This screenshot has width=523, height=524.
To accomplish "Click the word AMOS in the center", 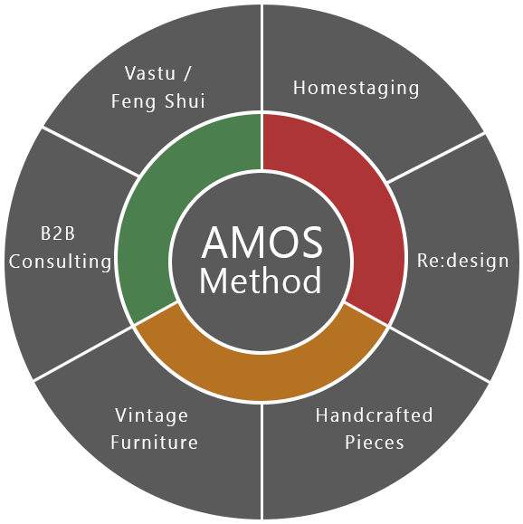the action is point(262,243).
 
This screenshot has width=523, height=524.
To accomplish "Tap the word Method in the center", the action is point(261,280).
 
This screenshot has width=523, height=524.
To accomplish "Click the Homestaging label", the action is point(356,88).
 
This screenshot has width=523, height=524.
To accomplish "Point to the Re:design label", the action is point(463,261).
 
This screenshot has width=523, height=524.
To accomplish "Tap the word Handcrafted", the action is point(375,415).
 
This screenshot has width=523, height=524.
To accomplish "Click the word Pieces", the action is point(375,443).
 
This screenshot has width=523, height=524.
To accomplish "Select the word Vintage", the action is point(151,416).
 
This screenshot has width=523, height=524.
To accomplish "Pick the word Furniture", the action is point(155,443).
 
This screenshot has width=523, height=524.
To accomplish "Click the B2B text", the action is point(58,233).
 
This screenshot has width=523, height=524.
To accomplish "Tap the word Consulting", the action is point(60,262).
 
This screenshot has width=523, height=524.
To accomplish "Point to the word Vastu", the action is point(150,72).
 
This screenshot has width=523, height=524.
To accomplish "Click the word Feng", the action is point(134,101).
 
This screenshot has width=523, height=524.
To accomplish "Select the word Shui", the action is point(185,101).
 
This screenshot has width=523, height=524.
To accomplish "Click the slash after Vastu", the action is point(187,72).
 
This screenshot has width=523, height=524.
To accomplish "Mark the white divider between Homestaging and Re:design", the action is point(436,157).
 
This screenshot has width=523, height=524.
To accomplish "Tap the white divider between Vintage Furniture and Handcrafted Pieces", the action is point(262,462).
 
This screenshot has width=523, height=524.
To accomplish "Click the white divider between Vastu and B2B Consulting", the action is point(90,151).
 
